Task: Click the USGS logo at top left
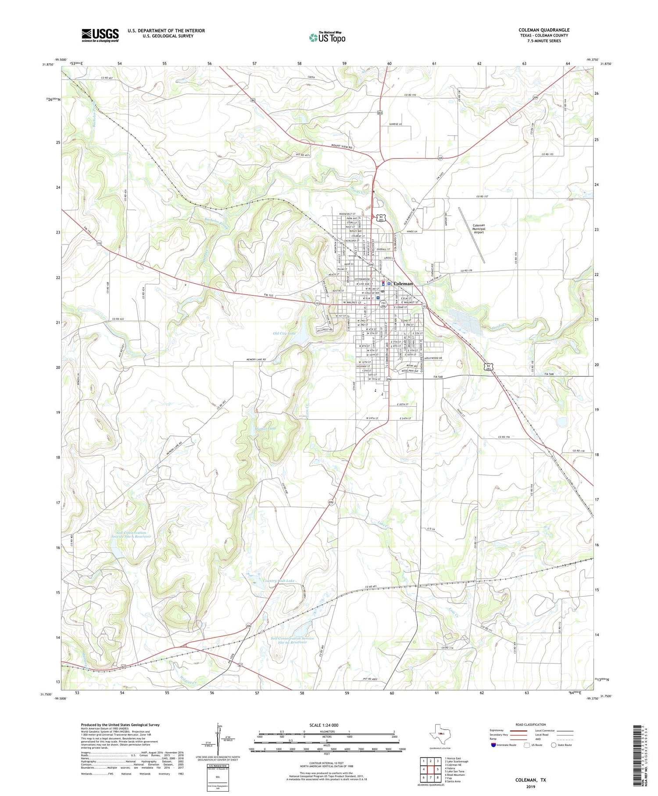(x=100, y=35)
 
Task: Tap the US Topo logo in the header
(x=327, y=38)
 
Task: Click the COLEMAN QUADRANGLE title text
(x=544, y=30)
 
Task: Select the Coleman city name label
(x=403, y=284)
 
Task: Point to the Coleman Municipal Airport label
(x=478, y=229)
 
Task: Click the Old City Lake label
(x=284, y=334)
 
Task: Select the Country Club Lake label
(x=279, y=580)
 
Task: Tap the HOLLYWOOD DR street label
(x=433, y=358)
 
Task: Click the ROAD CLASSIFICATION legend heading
(x=531, y=724)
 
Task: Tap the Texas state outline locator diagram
(x=440, y=733)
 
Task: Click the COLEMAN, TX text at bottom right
(x=530, y=780)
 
